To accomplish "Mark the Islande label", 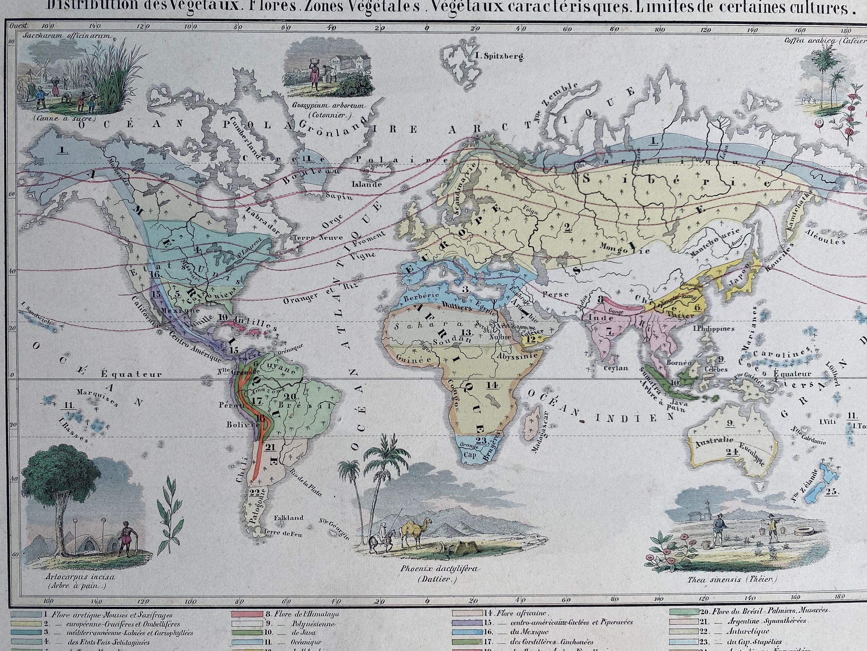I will [x=366, y=184].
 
